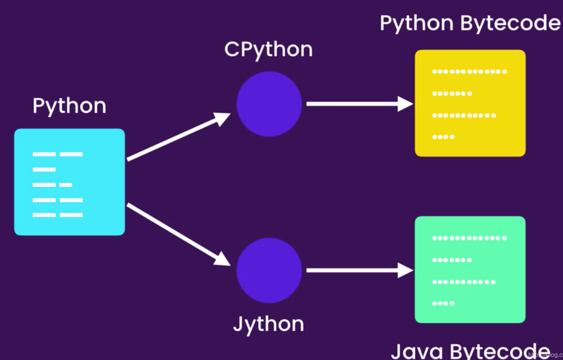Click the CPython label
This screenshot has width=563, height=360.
pyautogui.click(x=268, y=49)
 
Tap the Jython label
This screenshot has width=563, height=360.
pyautogui.click(x=268, y=324)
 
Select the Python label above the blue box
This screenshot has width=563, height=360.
pyautogui.click(x=69, y=106)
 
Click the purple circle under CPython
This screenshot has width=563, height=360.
pyautogui.click(x=269, y=104)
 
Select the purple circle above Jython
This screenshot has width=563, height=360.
pyautogui.click(x=269, y=270)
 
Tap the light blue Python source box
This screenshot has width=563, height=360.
pyautogui.click(x=69, y=182)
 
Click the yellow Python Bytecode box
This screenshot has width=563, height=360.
pyautogui.click(x=470, y=103)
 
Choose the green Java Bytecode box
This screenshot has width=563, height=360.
pyautogui.click(x=470, y=269)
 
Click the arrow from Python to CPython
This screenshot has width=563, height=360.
pyautogui.click(x=178, y=138)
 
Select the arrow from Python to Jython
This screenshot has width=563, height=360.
pyautogui.click(x=178, y=234)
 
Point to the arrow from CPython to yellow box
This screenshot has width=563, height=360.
pyautogui.click(x=358, y=103)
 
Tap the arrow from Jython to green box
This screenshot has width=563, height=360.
pyautogui.click(x=358, y=270)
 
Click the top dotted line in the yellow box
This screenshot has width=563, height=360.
pyautogui.click(x=469, y=71)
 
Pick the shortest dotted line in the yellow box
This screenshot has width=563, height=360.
pyautogui.click(x=443, y=137)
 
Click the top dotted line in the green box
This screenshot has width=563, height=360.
pyautogui.click(x=469, y=238)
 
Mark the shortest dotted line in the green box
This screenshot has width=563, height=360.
pyautogui.click(x=443, y=303)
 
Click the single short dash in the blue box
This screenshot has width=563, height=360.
pyautogui.click(x=44, y=169)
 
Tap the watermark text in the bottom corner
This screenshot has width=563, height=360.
pyautogui.click(x=545, y=354)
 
